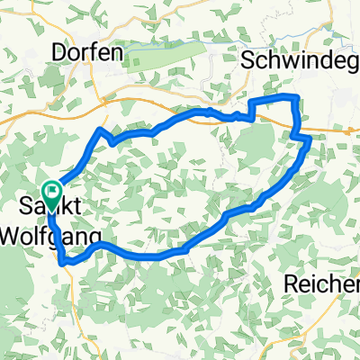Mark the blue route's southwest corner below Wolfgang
63,263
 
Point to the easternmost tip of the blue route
310,139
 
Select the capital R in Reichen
291,283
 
